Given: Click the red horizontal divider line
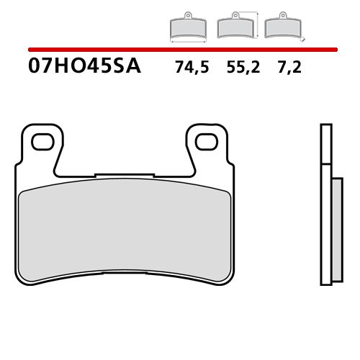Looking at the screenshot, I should [180, 50].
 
